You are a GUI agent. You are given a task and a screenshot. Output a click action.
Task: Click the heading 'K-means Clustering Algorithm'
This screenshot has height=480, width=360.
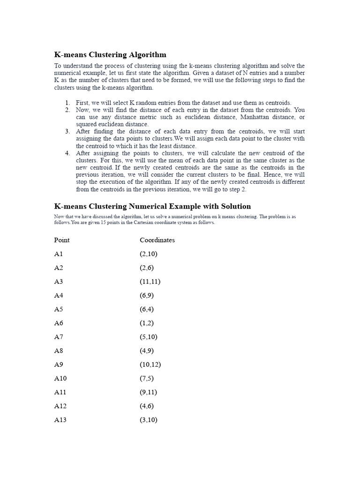110,55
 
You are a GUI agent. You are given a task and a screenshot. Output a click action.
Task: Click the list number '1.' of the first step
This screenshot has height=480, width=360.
67,103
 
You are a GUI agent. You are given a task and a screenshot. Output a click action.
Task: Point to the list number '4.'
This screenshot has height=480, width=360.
67,153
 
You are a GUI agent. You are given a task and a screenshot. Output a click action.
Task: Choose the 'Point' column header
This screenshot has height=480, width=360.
62,240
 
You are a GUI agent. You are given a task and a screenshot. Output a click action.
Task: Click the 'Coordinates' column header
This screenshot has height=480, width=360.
157,240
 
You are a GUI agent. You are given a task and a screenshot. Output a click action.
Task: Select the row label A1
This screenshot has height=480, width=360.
58,254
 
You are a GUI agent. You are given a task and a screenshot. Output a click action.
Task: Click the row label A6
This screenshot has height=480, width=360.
58,323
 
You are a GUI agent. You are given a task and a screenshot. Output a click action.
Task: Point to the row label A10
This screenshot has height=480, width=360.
60,378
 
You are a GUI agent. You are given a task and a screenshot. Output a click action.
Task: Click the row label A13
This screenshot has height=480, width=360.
60,420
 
